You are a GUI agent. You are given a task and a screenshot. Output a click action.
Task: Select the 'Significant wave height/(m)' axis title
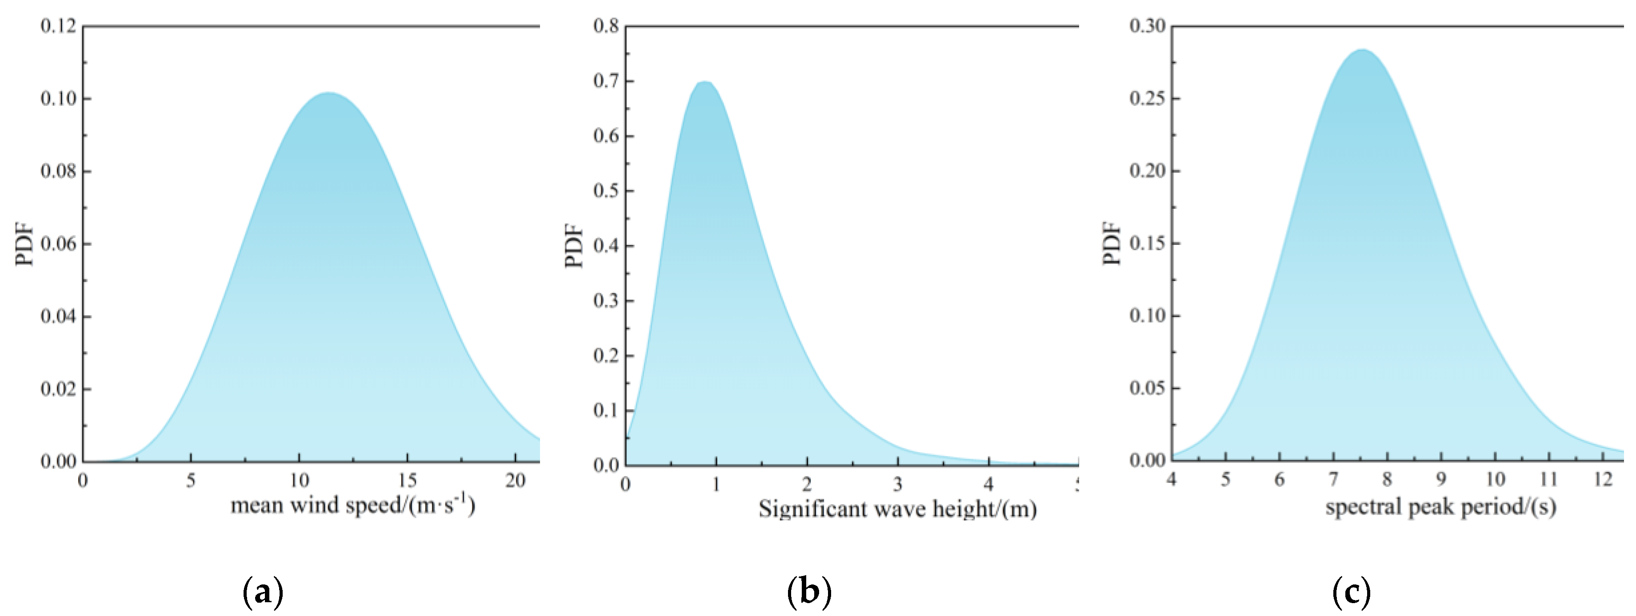tap(897, 509)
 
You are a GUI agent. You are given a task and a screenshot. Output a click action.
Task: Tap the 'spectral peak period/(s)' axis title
tap(1440, 506)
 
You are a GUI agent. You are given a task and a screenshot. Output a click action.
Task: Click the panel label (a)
tap(263, 592)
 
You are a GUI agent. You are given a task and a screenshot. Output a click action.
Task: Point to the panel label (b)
tap(808, 592)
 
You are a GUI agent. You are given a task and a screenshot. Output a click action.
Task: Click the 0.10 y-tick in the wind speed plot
tap(58, 98)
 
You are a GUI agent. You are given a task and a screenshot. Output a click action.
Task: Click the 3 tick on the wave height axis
tap(897, 484)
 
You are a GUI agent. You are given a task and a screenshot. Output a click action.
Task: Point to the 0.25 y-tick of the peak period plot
tap(1147, 98)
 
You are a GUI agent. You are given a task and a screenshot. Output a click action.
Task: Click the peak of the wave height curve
tap(704, 82)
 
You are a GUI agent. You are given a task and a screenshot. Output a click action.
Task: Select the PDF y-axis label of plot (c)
tap(1112, 243)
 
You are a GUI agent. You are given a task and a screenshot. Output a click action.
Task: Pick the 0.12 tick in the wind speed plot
tap(58, 26)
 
